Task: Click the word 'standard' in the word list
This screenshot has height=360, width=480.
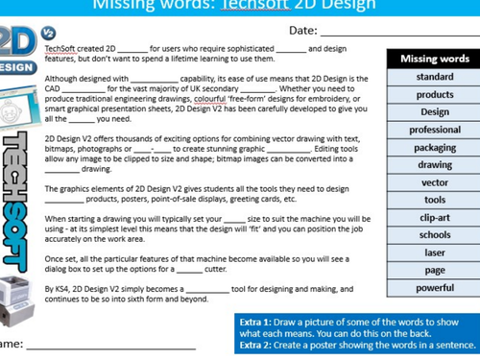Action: [435, 77]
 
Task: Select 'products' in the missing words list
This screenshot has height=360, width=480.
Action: [435, 94]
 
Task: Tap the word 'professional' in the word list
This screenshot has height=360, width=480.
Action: [435, 130]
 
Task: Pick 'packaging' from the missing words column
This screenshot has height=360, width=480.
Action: [435, 148]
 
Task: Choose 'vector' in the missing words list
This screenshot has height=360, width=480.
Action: [435, 182]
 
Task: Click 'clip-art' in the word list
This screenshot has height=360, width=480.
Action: [435, 217]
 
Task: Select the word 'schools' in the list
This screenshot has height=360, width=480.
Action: [435, 234]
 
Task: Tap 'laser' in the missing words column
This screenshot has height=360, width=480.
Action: [435, 252]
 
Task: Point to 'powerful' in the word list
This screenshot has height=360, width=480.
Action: [435, 287]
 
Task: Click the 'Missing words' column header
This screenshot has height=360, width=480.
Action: [435, 59]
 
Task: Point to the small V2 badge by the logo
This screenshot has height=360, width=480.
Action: [49, 32]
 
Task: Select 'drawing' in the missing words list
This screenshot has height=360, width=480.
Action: [435, 165]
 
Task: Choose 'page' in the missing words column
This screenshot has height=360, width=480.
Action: [435, 270]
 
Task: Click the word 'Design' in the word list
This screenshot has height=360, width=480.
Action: [435, 111]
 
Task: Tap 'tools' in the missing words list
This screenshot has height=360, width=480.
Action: [435, 200]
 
